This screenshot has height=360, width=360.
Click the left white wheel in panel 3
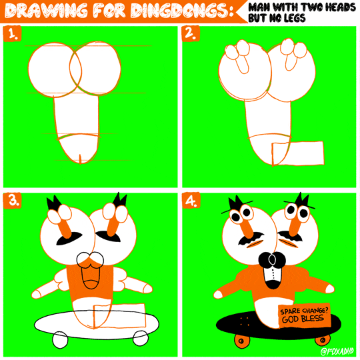click(x=60, y=339)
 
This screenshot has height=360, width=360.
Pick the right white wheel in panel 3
click(x=140, y=338)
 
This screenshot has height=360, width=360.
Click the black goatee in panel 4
click(x=271, y=261)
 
